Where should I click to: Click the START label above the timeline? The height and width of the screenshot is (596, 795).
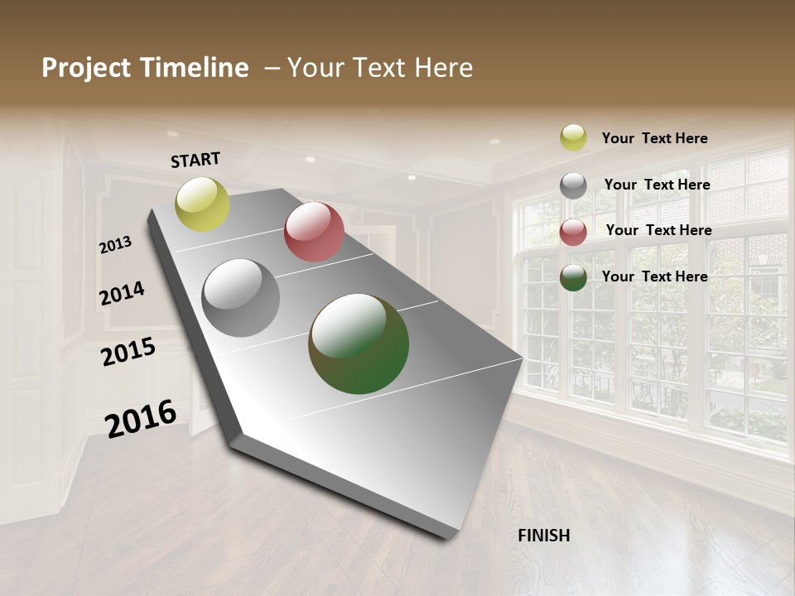(195, 159)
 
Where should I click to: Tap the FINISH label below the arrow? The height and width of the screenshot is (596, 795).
(543, 536)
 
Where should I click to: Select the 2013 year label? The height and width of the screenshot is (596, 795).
(116, 244)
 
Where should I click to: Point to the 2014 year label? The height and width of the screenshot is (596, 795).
(122, 294)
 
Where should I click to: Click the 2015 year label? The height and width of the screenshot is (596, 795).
(128, 352)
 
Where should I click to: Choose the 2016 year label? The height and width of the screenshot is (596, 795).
(141, 418)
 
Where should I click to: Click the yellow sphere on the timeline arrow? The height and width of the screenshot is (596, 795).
(203, 204)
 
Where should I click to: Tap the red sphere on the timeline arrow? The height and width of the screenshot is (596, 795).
(314, 232)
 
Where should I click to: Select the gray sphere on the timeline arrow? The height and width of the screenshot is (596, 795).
(241, 298)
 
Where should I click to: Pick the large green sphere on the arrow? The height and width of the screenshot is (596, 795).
(359, 344)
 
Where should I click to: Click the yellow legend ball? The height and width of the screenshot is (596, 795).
(573, 138)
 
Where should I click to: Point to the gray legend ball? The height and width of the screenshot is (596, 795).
(573, 185)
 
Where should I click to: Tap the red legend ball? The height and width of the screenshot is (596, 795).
(573, 232)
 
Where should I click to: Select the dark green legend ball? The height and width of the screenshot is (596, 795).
(573, 278)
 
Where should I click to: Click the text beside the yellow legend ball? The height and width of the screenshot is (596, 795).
(654, 138)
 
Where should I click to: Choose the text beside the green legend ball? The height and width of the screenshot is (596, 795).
(654, 276)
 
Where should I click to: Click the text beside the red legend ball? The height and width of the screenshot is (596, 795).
(658, 230)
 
